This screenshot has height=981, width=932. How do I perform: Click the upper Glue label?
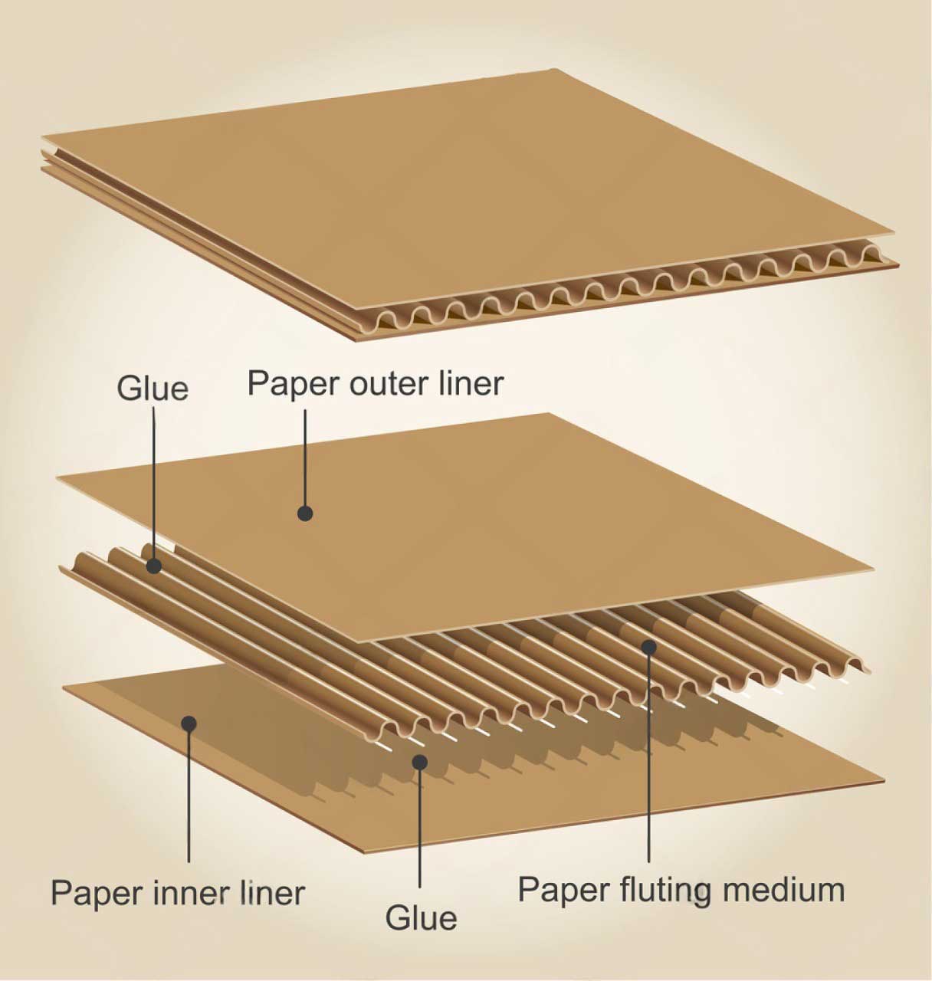point(152,388)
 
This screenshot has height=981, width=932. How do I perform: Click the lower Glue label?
point(421,917)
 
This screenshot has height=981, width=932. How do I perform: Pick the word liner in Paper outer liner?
point(470,383)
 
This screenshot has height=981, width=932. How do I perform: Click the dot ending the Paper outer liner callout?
point(305,513)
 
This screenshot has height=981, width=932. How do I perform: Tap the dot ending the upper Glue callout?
point(154,566)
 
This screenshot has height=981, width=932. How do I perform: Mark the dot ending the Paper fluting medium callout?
point(649,647)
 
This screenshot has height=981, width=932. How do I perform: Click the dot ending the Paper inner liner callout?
point(188,723)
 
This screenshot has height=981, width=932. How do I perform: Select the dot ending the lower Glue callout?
point(419,761)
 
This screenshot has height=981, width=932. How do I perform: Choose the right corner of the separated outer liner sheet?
point(874,570)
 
